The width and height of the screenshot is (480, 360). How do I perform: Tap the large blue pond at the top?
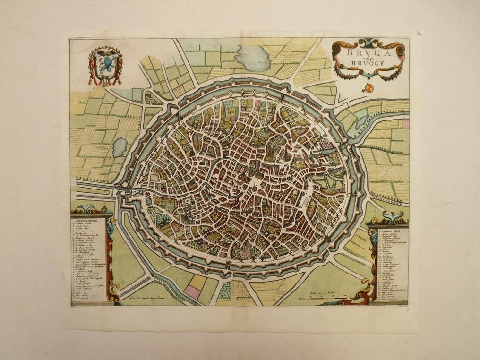pyautogui.click(x=253, y=58)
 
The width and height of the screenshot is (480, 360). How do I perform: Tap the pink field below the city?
pyautogui.click(x=192, y=292)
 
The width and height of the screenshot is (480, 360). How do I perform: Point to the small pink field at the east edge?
pyautogui.click(x=405, y=124)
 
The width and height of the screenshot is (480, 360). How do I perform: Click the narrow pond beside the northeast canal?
pyautogui.click(x=361, y=122)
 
